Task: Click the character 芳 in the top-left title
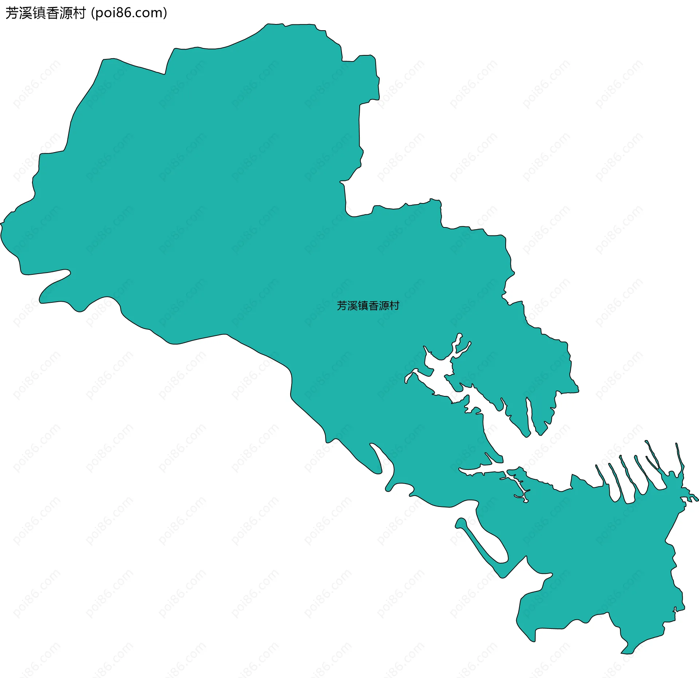pos(12,13)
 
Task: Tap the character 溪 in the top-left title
pos(25,13)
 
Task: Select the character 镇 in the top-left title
pos(39,13)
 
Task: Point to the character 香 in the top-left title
pos(52,13)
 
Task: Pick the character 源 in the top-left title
pos(66,13)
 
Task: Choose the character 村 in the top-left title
pos(79,13)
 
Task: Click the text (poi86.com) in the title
pos(129,13)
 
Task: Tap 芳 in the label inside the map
pos(342,306)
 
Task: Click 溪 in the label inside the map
pos(352,306)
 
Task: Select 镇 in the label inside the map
pos(363,306)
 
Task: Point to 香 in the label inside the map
pos(374,306)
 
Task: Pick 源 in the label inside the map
pos(384,306)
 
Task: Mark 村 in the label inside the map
pos(395,306)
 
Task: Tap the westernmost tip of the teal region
pos(1,224)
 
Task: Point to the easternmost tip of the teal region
pos(697,500)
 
